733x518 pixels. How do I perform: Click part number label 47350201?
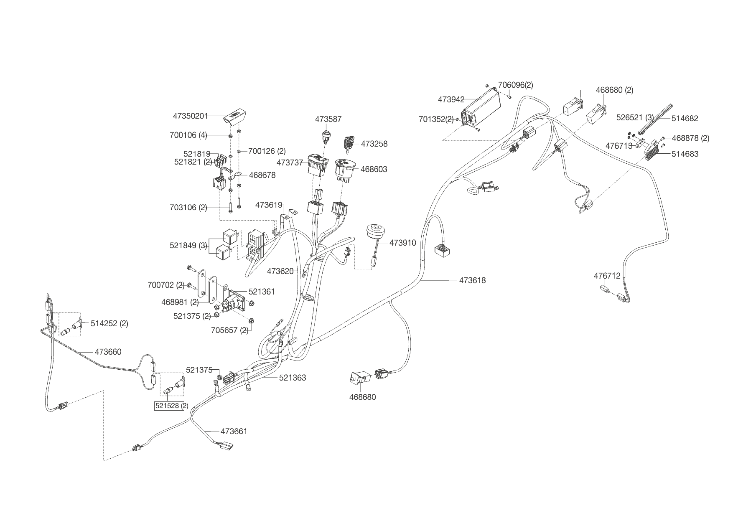190,116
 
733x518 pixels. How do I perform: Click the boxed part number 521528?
169,406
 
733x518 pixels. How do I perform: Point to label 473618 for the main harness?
472,280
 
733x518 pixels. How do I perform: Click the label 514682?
685,118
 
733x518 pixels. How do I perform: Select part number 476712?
607,276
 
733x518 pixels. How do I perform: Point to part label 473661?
234,431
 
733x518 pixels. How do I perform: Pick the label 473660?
108,352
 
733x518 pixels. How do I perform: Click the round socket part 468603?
344,169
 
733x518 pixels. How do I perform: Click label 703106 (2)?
188,207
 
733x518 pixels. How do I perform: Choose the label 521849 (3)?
188,245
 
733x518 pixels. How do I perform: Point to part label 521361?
262,292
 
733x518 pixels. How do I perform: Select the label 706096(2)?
515,85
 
